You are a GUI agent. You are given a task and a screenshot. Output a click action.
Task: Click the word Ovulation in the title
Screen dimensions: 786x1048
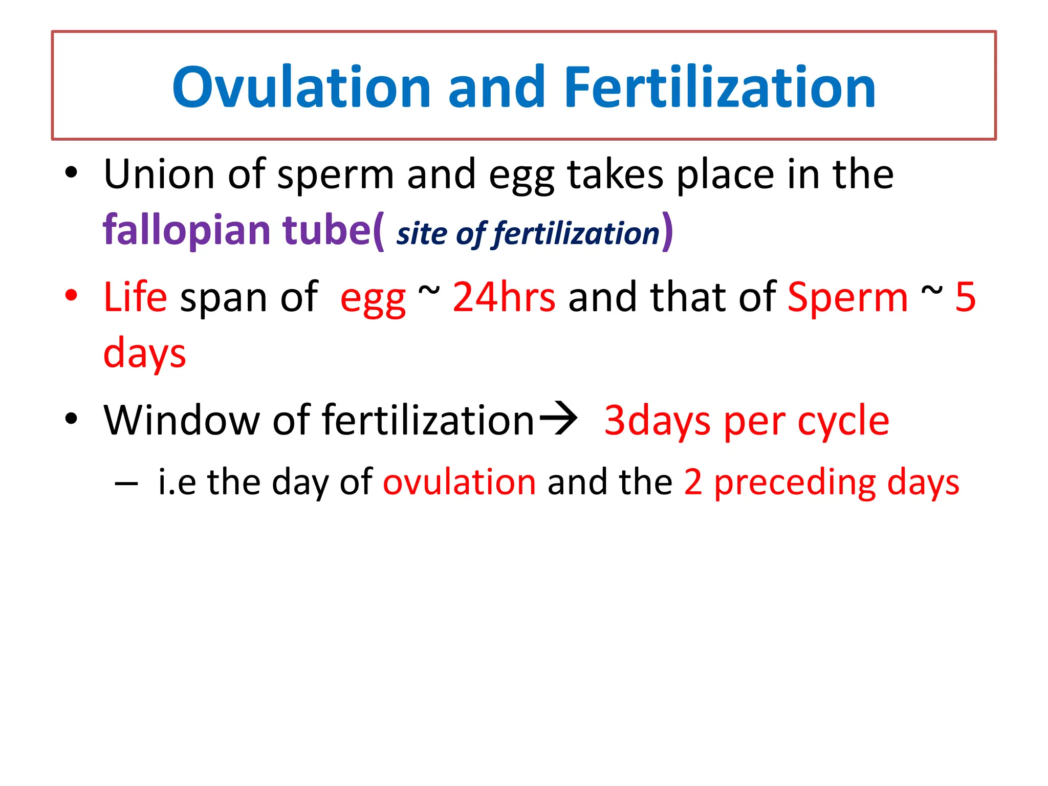click(x=301, y=88)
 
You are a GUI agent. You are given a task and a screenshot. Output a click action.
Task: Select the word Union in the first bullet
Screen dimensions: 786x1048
click(x=159, y=175)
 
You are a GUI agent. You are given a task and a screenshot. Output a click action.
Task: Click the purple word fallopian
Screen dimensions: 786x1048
click(x=186, y=230)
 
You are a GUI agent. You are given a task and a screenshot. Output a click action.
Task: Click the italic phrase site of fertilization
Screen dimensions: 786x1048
click(x=528, y=234)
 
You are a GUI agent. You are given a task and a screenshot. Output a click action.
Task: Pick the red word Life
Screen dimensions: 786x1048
click(x=135, y=297)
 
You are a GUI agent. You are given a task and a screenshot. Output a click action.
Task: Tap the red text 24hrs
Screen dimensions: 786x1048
click(x=504, y=297)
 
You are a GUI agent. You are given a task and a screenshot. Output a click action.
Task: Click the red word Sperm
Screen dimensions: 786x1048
click(x=847, y=297)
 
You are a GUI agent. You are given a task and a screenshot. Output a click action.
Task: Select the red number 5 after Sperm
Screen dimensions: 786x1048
click(x=965, y=297)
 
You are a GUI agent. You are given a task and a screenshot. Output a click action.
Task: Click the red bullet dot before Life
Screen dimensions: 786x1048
click(x=71, y=295)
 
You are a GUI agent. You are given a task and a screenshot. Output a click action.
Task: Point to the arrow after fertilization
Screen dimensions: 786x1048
click(x=558, y=419)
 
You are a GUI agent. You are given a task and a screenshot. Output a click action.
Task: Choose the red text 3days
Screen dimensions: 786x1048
click(x=657, y=421)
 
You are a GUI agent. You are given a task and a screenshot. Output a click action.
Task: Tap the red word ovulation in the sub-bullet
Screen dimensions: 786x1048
click(x=459, y=482)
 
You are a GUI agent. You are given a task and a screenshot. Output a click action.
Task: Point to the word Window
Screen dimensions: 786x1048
click(x=181, y=421)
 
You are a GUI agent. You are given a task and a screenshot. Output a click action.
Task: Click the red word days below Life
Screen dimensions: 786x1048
click(x=144, y=354)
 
